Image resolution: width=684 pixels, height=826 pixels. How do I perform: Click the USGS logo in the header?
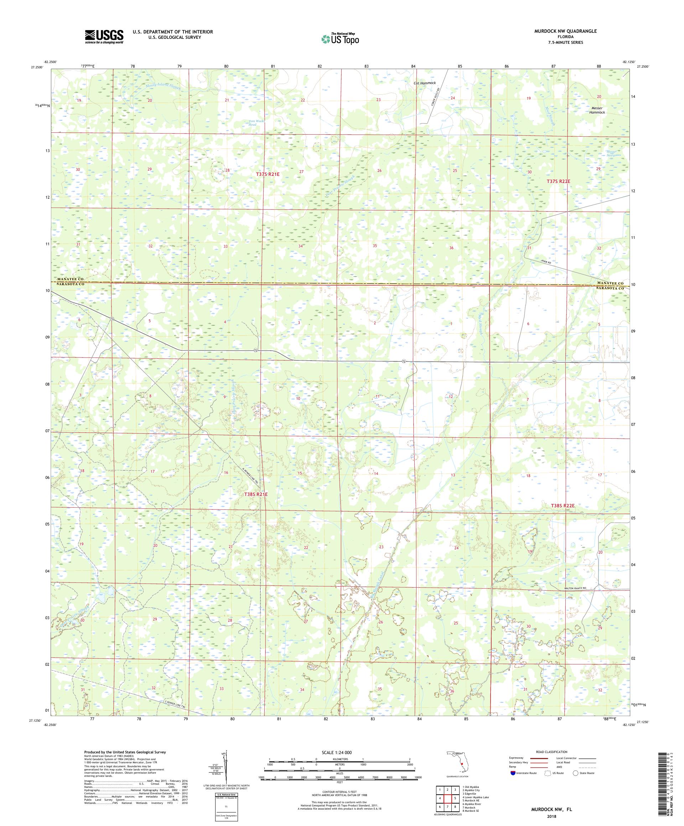tap(104, 37)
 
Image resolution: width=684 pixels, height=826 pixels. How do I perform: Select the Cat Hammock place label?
tap(425, 83)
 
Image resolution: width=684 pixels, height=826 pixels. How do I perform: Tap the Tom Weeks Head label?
tap(252, 123)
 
